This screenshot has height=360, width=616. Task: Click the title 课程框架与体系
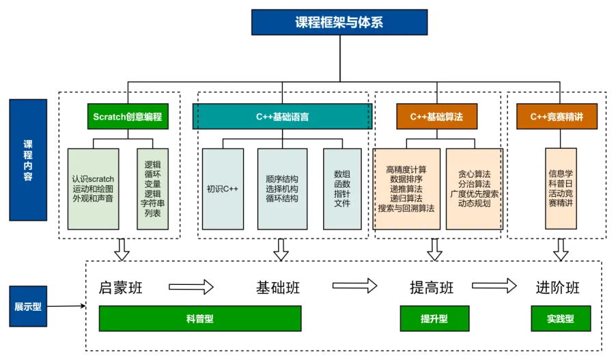click(339, 22)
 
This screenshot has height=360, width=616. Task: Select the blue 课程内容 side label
click(28, 161)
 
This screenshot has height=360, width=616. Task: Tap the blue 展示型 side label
click(28, 307)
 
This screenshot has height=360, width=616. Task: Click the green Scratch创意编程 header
click(128, 117)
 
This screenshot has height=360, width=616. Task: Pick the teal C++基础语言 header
click(282, 117)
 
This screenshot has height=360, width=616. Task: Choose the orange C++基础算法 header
click(436, 117)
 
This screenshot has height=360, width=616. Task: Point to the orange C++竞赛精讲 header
click(557, 117)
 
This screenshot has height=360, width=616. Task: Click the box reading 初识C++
click(223, 189)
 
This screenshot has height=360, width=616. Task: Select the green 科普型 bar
click(200, 319)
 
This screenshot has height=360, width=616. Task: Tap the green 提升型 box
click(434, 319)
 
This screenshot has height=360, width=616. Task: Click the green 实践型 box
click(560, 319)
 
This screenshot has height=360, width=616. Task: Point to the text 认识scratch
click(93, 179)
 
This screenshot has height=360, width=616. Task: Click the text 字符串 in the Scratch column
click(152, 204)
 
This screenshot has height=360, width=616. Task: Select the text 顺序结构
click(282, 179)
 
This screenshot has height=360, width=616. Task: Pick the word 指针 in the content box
click(342, 194)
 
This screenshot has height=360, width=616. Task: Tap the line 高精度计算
click(406, 169)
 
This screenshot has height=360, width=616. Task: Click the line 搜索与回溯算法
click(406, 208)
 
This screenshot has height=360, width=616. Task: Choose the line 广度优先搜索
click(474, 194)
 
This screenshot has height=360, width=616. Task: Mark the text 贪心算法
click(474, 174)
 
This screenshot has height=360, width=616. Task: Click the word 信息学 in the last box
click(561, 174)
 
